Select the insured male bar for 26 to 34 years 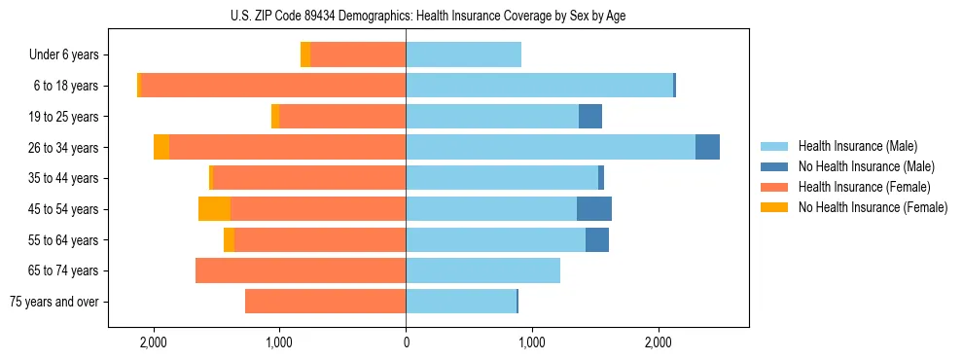point(551,147)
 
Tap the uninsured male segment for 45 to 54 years point(594,208)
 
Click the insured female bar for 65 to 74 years point(301,270)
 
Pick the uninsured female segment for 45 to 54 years point(214,208)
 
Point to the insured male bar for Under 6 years point(463,54)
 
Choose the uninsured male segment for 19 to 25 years point(590,117)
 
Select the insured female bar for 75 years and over point(325,302)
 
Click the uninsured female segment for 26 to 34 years point(161,147)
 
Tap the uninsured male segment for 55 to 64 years point(597,239)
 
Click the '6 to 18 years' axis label point(65,86)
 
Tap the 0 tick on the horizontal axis point(406,342)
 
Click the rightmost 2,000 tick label point(658,342)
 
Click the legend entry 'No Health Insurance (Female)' point(873,207)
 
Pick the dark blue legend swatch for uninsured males point(774,166)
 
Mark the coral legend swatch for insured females point(774,187)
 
